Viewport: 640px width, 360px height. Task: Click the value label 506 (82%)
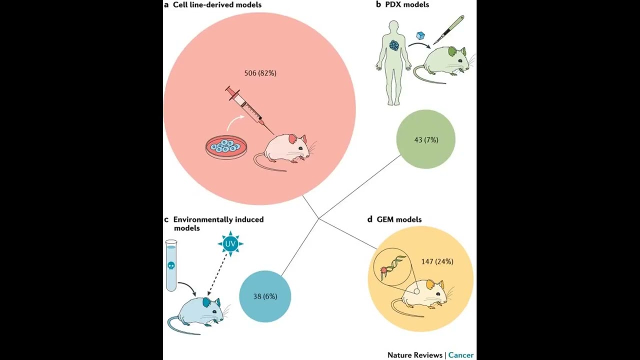[260, 73]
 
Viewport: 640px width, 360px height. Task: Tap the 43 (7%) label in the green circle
[426, 140]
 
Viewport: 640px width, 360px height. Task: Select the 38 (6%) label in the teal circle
[265, 296]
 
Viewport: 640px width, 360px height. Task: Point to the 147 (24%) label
[437, 261]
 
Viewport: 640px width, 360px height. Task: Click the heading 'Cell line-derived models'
[217, 5]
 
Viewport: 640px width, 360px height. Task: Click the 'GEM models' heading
[399, 219]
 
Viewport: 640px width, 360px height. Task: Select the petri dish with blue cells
[226, 147]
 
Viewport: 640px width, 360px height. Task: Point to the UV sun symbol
[230, 244]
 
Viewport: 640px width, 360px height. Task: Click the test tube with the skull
[171, 265]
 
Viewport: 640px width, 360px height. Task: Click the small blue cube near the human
[420, 36]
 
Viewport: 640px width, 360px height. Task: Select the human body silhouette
[394, 62]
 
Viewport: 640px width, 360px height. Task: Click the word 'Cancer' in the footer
[460, 355]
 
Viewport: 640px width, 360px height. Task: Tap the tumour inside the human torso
[394, 45]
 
